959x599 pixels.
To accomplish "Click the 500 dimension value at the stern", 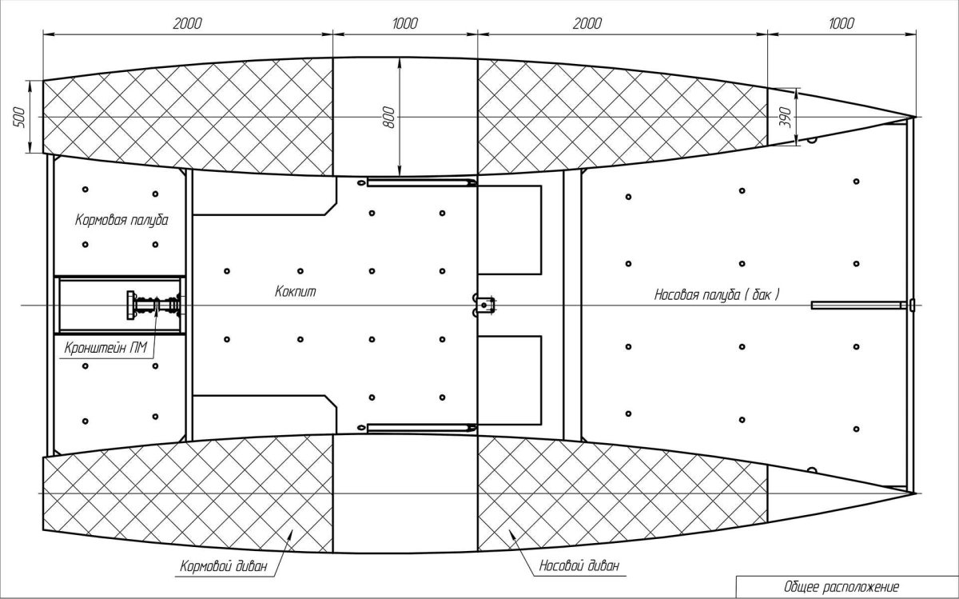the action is pos(20,117).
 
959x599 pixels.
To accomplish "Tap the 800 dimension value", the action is pos(388,117).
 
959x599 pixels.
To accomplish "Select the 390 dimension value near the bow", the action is pos(786,117).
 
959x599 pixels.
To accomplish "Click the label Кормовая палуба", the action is pos(121,220).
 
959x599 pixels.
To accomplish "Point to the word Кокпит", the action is pos(296,292).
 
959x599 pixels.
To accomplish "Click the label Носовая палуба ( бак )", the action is pos(717,295).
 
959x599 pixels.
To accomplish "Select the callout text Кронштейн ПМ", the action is pos(105,348).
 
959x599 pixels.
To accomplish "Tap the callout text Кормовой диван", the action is pos(224,566).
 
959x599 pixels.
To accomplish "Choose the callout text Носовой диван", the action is pos(579,565).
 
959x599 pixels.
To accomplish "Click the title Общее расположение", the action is pos(842,586).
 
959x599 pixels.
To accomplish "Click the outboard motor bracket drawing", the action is pos(153,305).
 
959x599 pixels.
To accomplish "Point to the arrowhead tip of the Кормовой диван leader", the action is pos(292,529).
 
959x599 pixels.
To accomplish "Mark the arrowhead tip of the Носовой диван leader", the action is pos(509,529).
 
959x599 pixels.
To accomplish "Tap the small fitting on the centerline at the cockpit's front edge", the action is pos(483,305).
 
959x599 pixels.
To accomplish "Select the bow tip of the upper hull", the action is pos(916,117).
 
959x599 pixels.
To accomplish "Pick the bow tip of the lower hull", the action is pos(916,493).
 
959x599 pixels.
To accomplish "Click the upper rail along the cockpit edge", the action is pos(421,182).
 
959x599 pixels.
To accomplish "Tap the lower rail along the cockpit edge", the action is pos(421,427).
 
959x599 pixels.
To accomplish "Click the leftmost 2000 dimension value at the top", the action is pos(187,23).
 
